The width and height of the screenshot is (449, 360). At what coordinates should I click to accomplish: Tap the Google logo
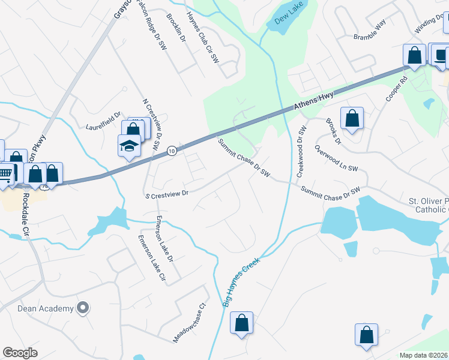20,353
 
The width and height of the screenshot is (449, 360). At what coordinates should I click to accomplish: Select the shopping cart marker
5,174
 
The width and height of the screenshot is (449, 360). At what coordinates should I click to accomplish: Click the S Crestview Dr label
167,194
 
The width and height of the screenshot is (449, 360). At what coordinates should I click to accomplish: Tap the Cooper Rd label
397,91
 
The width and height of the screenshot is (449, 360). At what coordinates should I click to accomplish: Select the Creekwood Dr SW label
302,151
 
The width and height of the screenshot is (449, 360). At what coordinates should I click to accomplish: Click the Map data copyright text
423,355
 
